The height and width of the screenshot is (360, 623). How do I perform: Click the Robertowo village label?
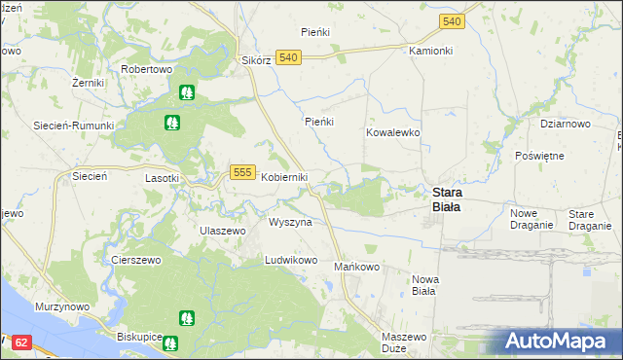[x=146, y=70]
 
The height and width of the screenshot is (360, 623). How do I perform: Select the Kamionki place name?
[x=431, y=50]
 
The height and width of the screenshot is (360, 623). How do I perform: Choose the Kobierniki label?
[x=284, y=177]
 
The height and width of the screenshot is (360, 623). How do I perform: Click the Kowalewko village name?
[x=392, y=131]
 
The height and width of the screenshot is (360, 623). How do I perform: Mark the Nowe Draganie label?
[x=531, y=219]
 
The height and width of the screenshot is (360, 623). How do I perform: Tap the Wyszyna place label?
[x=290, y=222]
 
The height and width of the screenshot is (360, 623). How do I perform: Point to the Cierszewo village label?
[x=135, y=261]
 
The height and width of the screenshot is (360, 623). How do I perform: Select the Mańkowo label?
[x=356, y=267]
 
